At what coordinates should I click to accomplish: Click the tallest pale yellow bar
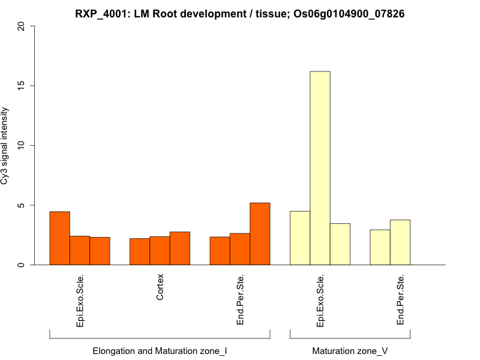pos(320,168)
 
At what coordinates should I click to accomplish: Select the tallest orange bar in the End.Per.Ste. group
pos(260,234)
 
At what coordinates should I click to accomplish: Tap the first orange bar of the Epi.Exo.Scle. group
pos(59,238)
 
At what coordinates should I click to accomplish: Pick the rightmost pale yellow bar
pos(400,242)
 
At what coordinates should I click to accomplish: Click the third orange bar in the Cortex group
pos(179,248)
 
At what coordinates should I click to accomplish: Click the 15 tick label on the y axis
pos(22,86)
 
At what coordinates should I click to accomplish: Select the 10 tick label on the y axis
pos(22,145)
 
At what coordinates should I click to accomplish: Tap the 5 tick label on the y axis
pos(22,205)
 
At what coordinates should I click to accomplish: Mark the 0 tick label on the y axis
pos(22,265)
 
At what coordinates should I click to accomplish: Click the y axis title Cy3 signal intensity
pos(6,146)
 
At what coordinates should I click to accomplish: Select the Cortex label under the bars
pos(160,287)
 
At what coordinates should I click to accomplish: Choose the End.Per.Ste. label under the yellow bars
pos(400,300)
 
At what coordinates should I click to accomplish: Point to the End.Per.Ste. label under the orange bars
pos(240,300)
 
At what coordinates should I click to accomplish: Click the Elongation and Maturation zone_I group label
pos(160,350)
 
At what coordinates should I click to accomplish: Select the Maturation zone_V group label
pos(350,350)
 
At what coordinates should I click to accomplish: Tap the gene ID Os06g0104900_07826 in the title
pos(349,13)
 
